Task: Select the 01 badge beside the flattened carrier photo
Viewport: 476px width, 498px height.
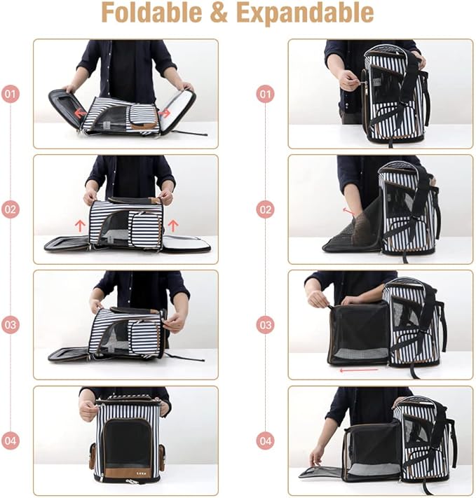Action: coord(11,93)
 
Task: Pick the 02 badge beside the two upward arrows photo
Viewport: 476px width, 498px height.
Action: coord(11,209)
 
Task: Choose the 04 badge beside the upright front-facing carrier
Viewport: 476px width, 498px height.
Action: coord(11,441)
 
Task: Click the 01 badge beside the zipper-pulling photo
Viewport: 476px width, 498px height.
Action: coord(265,93)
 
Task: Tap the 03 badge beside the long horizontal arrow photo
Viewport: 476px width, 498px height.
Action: coord(265,325)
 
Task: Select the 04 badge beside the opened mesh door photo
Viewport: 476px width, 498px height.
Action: coord(265,441)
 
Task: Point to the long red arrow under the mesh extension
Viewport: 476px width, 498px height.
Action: coord(358,370)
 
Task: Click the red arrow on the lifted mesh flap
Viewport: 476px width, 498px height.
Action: coord(348,212)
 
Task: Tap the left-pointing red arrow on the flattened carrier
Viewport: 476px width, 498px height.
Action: coord(81,112)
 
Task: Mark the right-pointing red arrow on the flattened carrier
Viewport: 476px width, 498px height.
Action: coord(165,112)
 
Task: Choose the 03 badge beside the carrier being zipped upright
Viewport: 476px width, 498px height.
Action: coord(11,325)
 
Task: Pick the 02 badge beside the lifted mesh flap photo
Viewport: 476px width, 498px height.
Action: coord(265,209)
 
